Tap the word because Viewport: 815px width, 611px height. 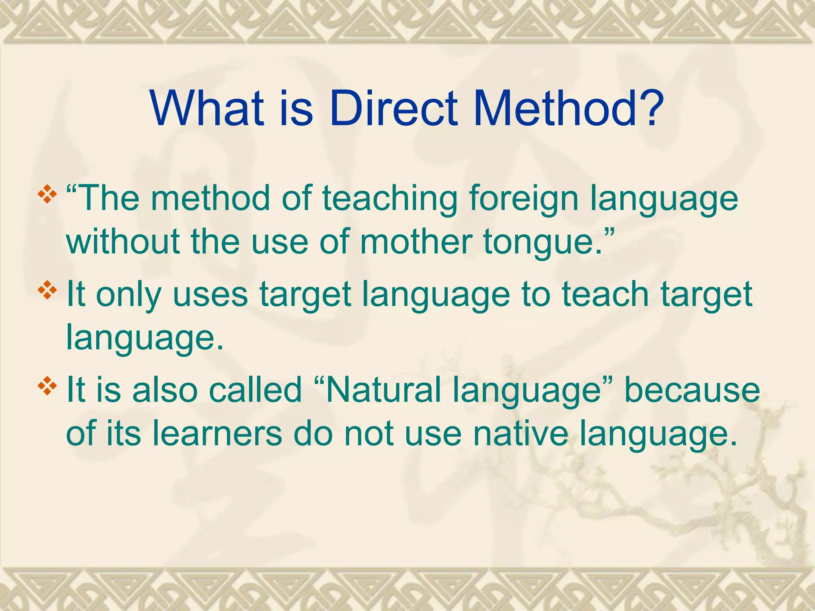click(692, 390)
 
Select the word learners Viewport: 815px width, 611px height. click(217, 433)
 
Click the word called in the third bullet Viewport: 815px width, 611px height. click(255, 390)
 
